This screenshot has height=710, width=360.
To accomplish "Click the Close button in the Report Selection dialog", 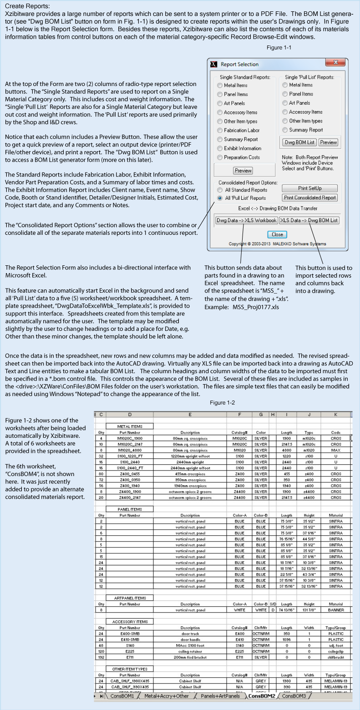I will [x=277, y=234].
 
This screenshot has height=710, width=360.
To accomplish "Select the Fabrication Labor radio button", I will [x=220, y=131].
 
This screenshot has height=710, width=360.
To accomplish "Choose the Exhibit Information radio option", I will [x=220, y=148].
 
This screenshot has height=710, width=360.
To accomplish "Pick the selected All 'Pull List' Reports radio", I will [x=220, y=198].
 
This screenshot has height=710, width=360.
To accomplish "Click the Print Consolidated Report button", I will [x=310, y=198].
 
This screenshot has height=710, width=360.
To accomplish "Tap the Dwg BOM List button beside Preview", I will [x=299, y=142].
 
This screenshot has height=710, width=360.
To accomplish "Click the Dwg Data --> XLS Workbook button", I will [x=246, y=220].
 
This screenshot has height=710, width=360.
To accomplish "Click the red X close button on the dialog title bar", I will [x=335, y=64].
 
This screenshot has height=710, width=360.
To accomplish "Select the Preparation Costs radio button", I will [x=220, y=157].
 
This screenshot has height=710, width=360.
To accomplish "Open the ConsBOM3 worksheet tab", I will [x=294, y=696].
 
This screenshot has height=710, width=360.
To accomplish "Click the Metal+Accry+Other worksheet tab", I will [x=166, y=696].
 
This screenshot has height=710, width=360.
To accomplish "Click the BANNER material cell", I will [x=336, y=609].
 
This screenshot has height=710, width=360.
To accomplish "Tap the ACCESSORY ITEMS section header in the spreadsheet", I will [x=130, y=621].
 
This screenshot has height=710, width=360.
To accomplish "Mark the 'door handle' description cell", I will [x=190, y=639].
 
